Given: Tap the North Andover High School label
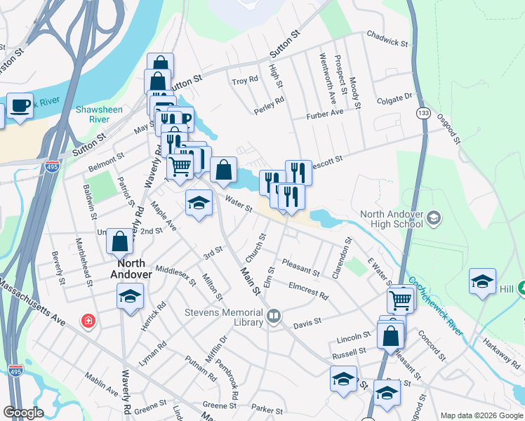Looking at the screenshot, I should point(392,219).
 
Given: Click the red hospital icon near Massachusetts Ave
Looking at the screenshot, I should point(88,321).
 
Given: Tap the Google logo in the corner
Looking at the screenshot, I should point(22,413).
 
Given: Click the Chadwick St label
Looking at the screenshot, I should point(387,42).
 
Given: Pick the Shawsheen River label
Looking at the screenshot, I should point(99,114).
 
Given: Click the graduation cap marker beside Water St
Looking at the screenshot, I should point(199,203).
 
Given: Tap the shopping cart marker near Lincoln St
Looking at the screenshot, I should point(400,300).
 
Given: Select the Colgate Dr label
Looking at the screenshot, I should point(397,97).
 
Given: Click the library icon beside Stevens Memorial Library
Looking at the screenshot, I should point(273,317).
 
